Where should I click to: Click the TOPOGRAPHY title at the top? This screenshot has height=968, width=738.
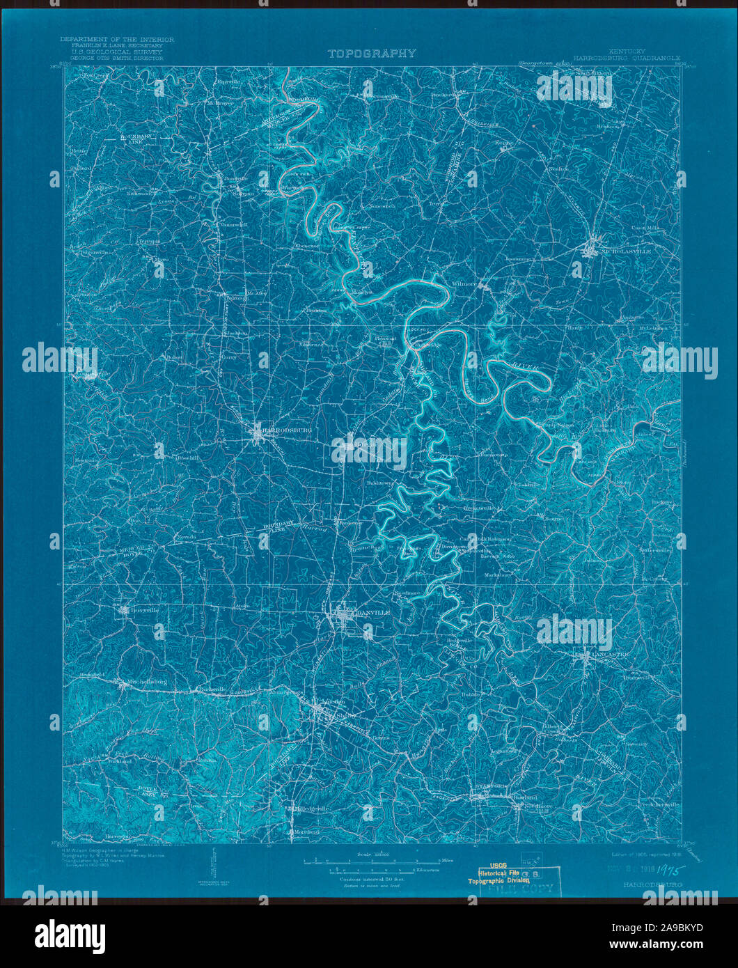pos(372,53)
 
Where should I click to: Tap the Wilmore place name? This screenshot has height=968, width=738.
pos(464,285)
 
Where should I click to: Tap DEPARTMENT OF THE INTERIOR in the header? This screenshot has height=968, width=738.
pos(117,39)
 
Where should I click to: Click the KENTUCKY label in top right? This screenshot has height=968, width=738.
pos(627,52)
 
